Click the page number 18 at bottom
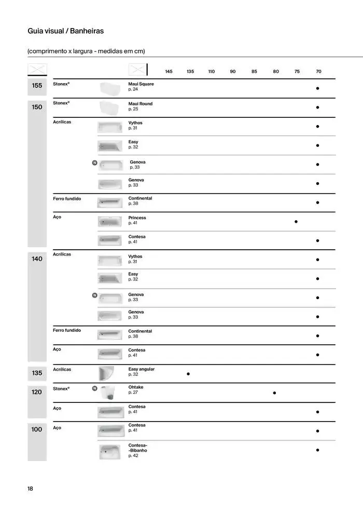31,489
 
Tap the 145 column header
169,72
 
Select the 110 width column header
211,72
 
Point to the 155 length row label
37,86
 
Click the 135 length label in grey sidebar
37,373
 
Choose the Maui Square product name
141,84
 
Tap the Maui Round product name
141,104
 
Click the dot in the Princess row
296,222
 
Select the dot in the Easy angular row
188,374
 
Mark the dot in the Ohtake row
274,393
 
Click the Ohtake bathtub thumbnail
109,393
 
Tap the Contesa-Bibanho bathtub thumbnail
109,451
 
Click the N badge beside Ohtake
94,388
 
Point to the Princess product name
137,218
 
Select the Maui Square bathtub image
109,88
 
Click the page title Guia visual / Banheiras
65,31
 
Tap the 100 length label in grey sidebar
37,429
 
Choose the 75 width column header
297,72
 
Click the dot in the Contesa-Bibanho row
317,450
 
